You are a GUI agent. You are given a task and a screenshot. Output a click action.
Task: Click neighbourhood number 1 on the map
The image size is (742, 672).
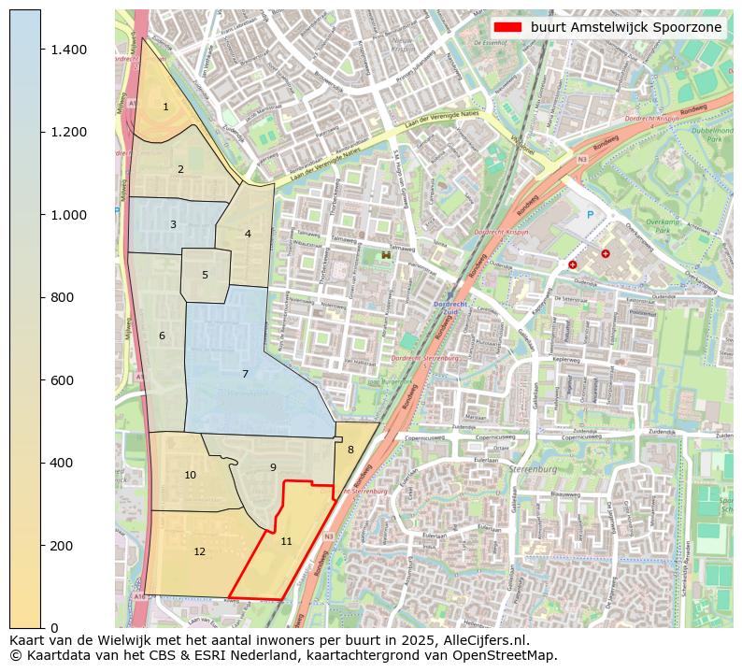pos(165,107)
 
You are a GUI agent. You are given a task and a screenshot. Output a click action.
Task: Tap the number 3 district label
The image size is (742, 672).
pos(173,225)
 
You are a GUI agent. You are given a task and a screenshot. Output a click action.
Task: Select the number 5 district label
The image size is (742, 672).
pos(205,275)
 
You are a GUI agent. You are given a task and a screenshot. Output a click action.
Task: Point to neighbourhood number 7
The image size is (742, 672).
pos(245,374)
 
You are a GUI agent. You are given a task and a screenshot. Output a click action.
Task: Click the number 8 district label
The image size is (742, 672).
pos(350,450)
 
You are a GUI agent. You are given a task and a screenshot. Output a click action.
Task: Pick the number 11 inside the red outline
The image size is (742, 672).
pos(286,541)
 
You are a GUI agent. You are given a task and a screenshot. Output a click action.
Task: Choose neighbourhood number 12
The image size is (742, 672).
pos(199,551)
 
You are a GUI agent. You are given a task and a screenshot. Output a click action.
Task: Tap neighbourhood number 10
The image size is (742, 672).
pos(190,475)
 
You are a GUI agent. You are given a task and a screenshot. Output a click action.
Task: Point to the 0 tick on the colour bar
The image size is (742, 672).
pos(53,628)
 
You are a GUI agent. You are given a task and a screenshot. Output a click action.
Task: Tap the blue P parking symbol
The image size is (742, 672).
pos(590,214)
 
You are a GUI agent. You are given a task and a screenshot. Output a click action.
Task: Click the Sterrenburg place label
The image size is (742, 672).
pos(535,469)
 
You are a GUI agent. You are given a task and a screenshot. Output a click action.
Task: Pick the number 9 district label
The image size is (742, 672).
pos(273,467)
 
